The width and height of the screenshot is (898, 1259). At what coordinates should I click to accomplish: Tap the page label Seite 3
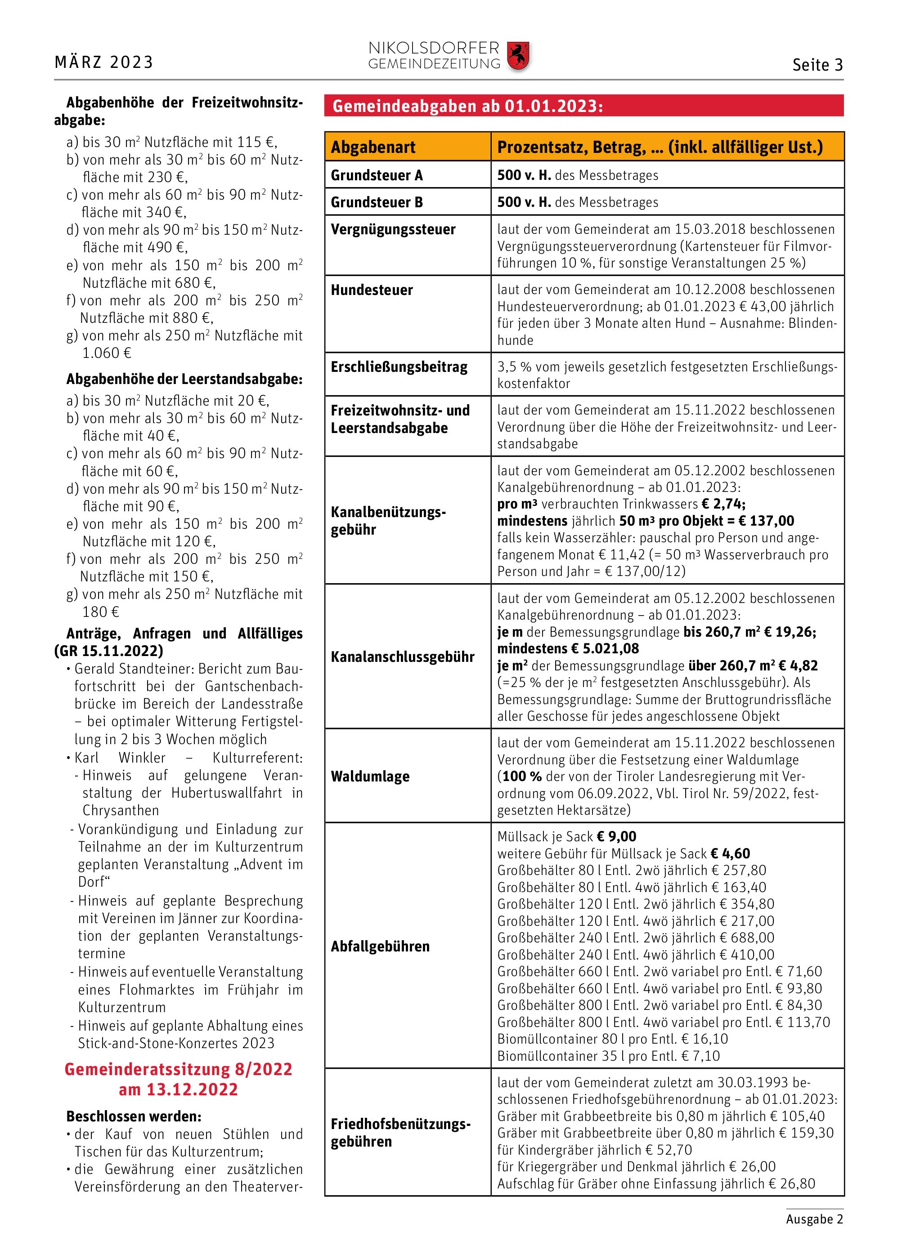[x=817, y=65]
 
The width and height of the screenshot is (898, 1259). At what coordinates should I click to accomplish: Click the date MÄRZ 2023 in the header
[x=104, y=63]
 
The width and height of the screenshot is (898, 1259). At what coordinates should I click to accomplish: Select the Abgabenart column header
[x=373, y=147]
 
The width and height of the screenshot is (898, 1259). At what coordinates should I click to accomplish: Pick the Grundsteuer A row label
[x=377, y=175]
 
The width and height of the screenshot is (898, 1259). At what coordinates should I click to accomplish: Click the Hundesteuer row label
[x=372, y=290]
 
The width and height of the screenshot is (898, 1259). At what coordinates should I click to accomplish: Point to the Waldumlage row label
[x=370, y=777]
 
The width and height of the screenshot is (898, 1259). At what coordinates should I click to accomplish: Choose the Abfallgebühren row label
[x=380, y=946]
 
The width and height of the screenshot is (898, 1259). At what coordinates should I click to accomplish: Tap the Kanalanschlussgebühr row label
[x=403, y=656]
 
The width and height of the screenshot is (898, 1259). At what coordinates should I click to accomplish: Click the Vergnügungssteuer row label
[x=393, y=229]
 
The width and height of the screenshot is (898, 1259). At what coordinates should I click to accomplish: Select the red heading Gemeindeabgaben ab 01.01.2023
[x=467, y=106]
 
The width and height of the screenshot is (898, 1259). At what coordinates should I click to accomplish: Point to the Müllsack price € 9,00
[x=616, y=837]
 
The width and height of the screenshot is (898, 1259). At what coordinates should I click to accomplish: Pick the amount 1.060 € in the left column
[x=107, y=353]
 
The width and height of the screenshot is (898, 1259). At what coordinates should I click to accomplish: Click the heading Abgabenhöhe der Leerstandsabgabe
[x=184, y=379]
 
